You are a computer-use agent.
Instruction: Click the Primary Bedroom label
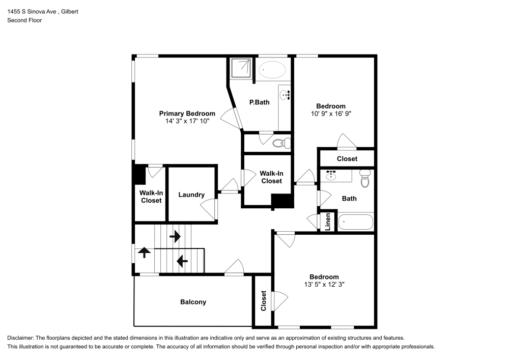pos(187,113)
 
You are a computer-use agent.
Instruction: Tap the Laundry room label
pos(191,195)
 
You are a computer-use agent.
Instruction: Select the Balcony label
pos(193,302)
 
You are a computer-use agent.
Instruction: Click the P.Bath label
pos(260,102)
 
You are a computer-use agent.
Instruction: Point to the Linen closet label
pos(328,221)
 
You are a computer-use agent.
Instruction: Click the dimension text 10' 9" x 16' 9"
pos(331,114)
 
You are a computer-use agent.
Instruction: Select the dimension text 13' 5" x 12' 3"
pos(324,284)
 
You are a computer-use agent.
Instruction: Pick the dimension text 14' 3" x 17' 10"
pos(187,121)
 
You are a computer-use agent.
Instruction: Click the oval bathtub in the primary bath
pos(272,70)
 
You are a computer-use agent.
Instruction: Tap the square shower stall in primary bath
pos(241,68)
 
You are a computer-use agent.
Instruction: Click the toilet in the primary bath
pos(281,143)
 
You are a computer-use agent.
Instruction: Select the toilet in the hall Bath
pos(365,179)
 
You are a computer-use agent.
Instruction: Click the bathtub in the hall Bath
pos(356,223)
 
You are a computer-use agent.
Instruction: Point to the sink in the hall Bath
pos(331,175)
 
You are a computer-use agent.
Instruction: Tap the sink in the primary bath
pos(285,95)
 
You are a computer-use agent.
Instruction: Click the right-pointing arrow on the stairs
pos(175,236)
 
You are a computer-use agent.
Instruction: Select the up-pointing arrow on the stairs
pos(144,252)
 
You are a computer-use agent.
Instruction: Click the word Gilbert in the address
pos(70,12)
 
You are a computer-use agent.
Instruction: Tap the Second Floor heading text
pos(24,20)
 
